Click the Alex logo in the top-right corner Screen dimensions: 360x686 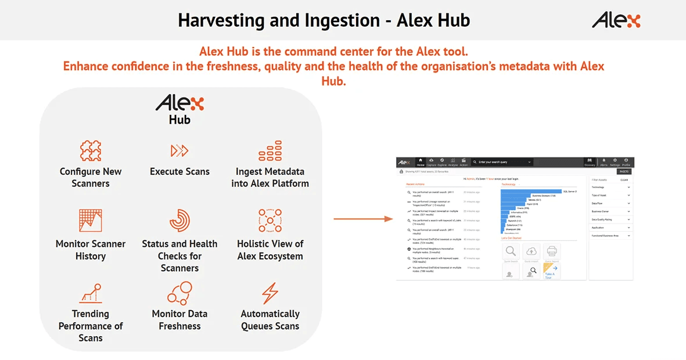[616, 20]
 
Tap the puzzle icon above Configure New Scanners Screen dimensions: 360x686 [91, 151]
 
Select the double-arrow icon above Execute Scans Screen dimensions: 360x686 [179, 151]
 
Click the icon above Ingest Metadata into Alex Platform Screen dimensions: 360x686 [270, 151]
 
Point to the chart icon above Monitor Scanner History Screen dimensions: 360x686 [91, 221]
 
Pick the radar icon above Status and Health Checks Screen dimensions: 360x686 [179, 221]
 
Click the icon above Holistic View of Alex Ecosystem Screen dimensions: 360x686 [270, 221]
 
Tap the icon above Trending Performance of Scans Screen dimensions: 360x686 [91, 293]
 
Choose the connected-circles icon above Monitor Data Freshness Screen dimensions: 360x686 [179, 293]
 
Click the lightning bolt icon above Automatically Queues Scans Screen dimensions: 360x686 [270, 293]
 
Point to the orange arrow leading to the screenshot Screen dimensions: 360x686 [363, 219]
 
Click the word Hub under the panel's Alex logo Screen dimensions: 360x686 [179, 120]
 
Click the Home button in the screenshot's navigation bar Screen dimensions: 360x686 [421, 163]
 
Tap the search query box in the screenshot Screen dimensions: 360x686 [502, 163]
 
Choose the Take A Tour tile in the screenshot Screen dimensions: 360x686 [551, 271]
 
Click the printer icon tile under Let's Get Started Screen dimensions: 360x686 [551, 251]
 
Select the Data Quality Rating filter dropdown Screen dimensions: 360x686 [610, 219]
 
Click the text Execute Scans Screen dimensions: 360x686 [179, 172]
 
